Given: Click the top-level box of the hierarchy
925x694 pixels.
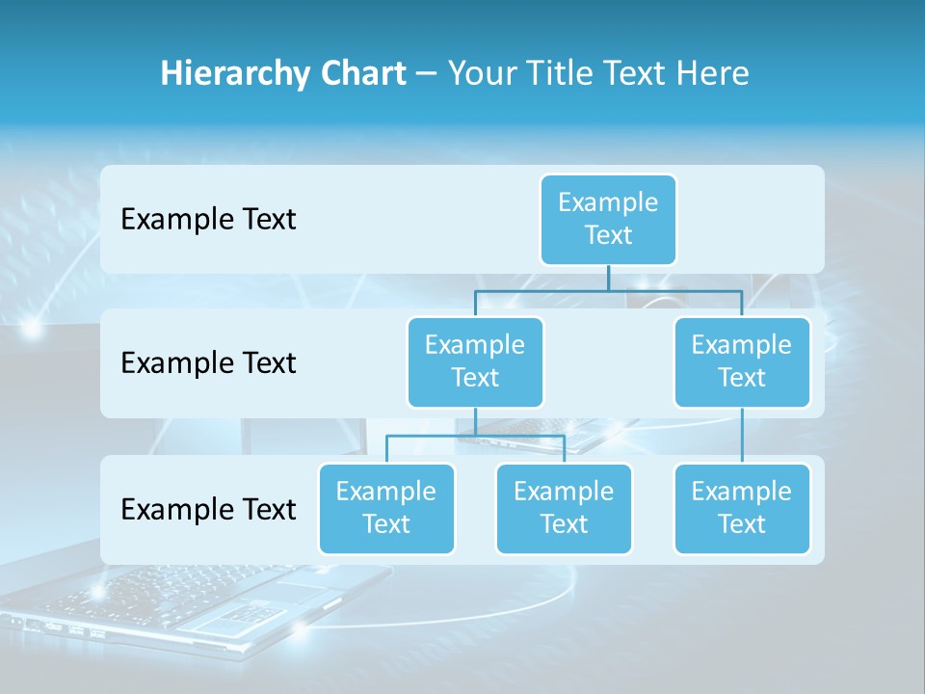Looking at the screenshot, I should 608,219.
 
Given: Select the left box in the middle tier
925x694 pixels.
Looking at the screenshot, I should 475,361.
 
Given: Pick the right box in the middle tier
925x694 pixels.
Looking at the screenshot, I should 742,361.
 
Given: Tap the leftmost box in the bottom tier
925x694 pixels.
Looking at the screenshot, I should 386,508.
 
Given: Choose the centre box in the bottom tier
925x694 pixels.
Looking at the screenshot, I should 564,508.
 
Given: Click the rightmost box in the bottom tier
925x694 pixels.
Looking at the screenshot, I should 742,508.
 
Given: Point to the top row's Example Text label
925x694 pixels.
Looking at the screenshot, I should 208,219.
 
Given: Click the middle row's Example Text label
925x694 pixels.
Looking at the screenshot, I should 208,362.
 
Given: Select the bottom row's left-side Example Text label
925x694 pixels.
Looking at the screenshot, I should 208,509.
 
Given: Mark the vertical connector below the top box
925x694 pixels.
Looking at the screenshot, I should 608,278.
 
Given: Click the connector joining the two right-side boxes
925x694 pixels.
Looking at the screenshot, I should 742,436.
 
